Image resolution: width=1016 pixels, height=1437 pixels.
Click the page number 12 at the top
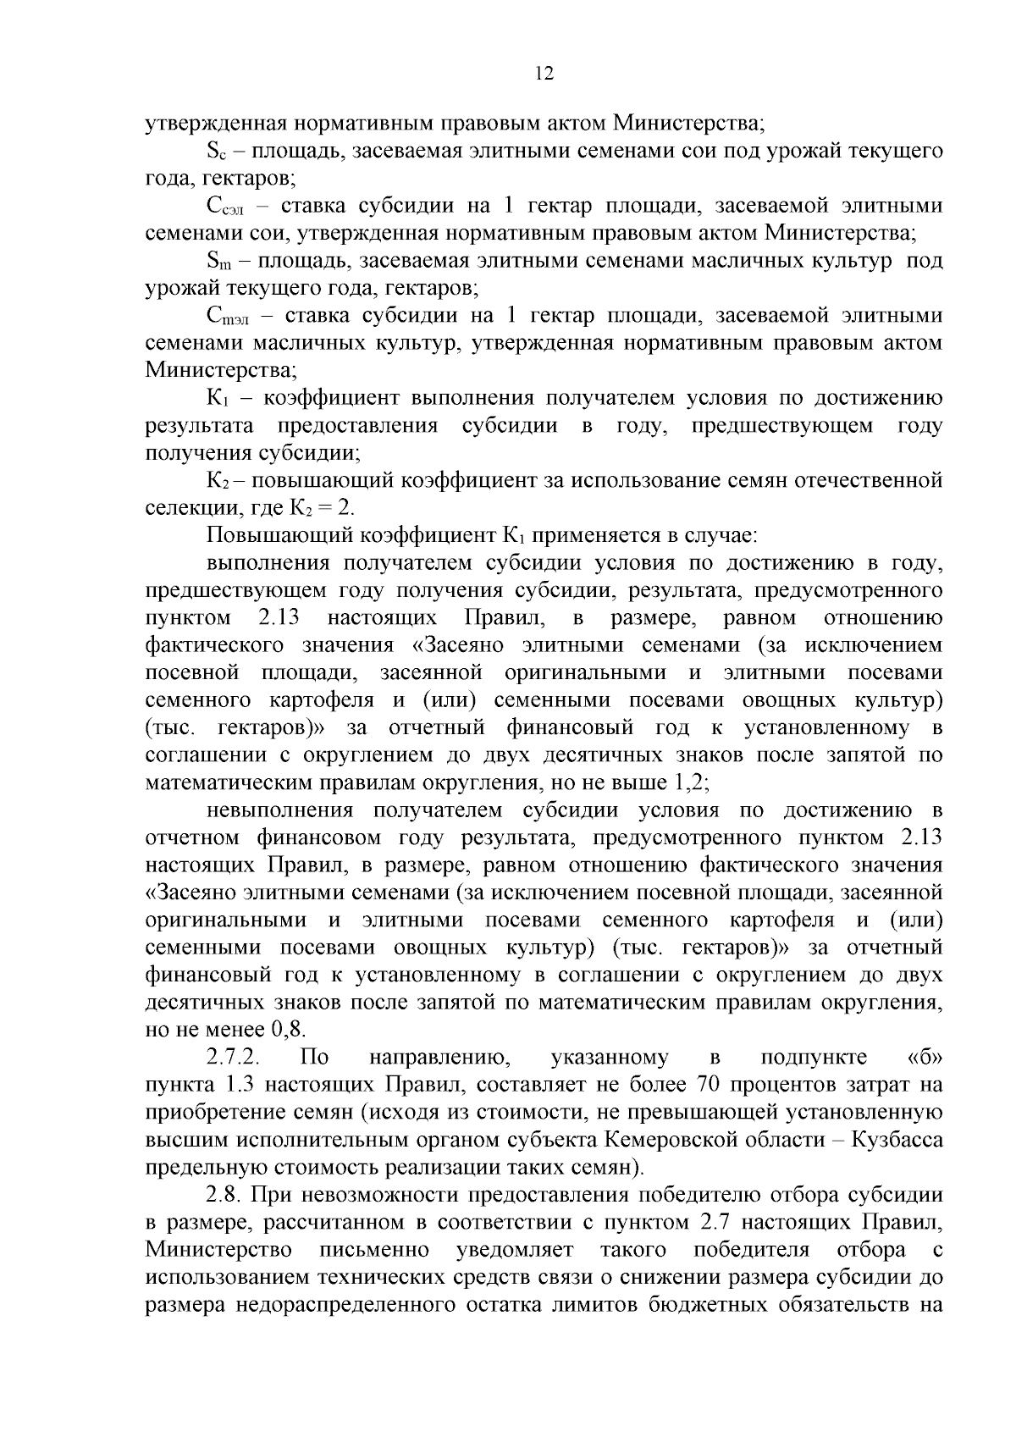click(x=544, y=74)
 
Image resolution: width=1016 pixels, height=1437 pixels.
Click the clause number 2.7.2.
click(x=233, y=1058)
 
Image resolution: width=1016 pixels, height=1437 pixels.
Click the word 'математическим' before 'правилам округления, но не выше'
click(x=221, y=782)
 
